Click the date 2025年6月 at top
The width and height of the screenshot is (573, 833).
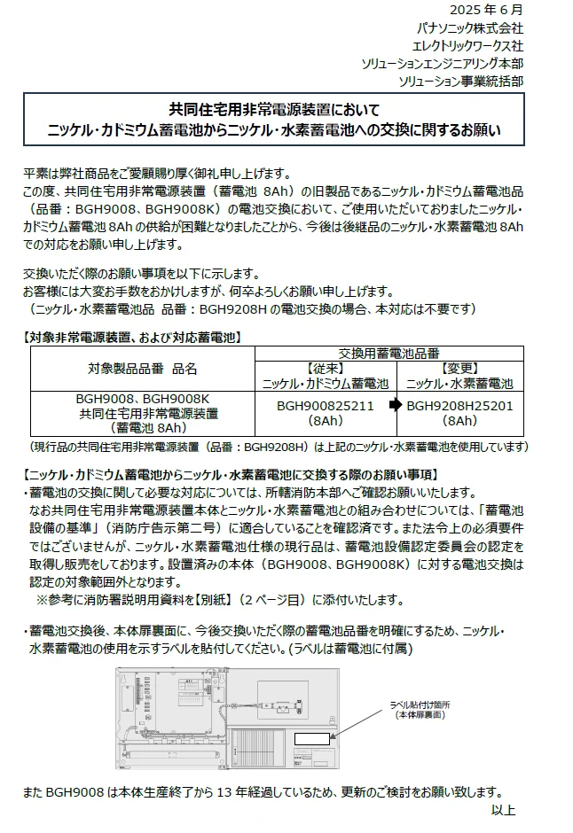[486, 10]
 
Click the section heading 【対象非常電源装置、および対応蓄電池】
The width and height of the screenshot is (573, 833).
[131, 338]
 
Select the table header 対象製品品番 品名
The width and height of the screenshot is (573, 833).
[142, 368]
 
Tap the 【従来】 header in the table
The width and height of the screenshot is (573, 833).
[325, 368]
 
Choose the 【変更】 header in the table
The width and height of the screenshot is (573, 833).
[459, 368]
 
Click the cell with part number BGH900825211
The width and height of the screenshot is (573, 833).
[326, 406]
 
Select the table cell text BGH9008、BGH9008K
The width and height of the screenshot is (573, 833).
[142, 400]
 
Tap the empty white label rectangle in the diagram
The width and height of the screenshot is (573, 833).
[311, 738]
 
